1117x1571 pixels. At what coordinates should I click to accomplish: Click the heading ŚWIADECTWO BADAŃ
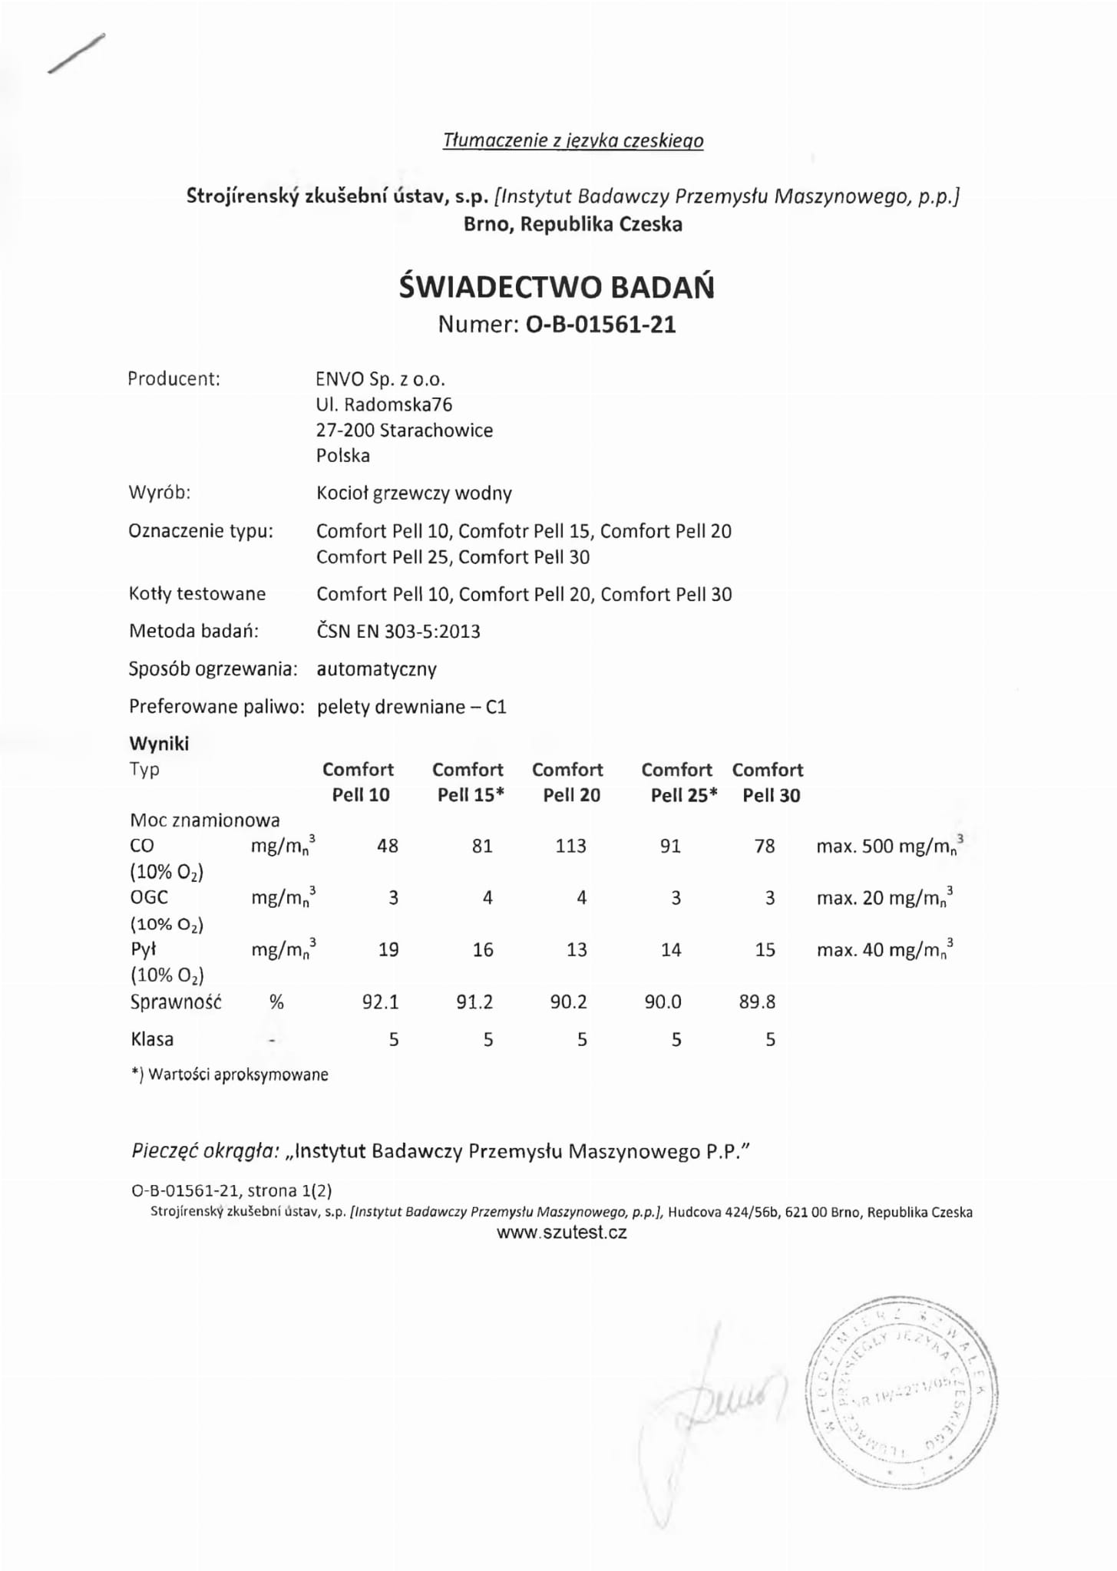(557, 287)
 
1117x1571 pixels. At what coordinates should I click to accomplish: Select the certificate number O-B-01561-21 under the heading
(600, 325)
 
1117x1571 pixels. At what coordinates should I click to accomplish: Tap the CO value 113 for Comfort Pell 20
(570, 846)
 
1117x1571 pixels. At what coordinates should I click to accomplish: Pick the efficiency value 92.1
(380, 1002)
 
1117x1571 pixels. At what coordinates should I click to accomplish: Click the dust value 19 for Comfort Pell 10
(388, 949)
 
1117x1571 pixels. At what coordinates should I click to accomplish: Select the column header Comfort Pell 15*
(468, 782)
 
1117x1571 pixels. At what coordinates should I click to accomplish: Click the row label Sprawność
(176, 1002)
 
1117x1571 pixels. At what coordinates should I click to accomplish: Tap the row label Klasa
(152, 1039)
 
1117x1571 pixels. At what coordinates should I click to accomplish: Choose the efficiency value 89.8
(757, 1002)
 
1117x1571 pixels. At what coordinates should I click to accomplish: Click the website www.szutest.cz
(562, 1233)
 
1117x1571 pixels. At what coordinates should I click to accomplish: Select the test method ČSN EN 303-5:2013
(398, 632)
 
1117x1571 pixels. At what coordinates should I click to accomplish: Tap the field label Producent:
(173, 379)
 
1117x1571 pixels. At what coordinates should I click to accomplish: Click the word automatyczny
(376, 669)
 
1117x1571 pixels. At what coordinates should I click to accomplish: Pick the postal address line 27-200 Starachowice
(404, 431)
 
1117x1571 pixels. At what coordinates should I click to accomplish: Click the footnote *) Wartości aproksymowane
(230, 1074)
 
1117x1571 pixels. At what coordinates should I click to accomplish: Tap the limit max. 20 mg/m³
(884, 898)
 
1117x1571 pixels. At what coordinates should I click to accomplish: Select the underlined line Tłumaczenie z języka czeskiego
(573, 140)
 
